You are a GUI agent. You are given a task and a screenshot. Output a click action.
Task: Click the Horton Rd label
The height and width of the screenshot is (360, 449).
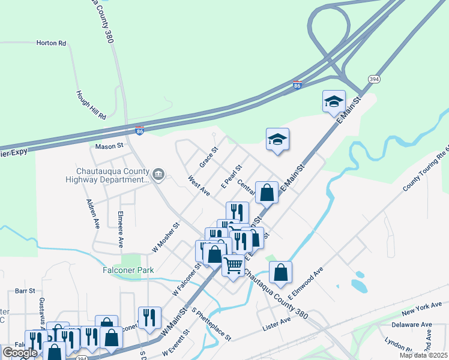click(50, 43)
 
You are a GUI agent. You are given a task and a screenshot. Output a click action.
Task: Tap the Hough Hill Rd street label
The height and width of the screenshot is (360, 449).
click(91, 104)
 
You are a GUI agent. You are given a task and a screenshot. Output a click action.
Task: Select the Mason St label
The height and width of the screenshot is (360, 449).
click(109, 146)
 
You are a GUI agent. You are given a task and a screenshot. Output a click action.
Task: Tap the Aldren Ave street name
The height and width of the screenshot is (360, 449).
click(92, 214)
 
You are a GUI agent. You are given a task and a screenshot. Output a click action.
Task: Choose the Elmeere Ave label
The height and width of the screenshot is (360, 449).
click(121, 229)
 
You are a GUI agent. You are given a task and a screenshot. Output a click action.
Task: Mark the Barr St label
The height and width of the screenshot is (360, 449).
click(26, 290)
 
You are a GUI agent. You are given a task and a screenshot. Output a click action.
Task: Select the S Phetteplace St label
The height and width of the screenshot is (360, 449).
click(211, 325)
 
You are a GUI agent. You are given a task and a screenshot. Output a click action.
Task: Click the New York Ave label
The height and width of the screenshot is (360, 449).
click(417, 311)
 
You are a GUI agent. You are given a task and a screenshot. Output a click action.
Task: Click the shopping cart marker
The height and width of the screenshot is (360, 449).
click(234, 264)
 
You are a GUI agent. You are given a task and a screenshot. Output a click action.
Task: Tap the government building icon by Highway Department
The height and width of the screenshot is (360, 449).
click(158, 175)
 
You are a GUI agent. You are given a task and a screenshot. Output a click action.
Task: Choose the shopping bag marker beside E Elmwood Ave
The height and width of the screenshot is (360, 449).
click(280, 272)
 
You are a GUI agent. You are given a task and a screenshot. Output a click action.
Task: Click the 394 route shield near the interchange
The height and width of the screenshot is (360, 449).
click(374, 79)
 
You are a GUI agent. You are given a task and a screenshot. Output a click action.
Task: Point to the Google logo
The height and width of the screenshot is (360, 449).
click(20, 353)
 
